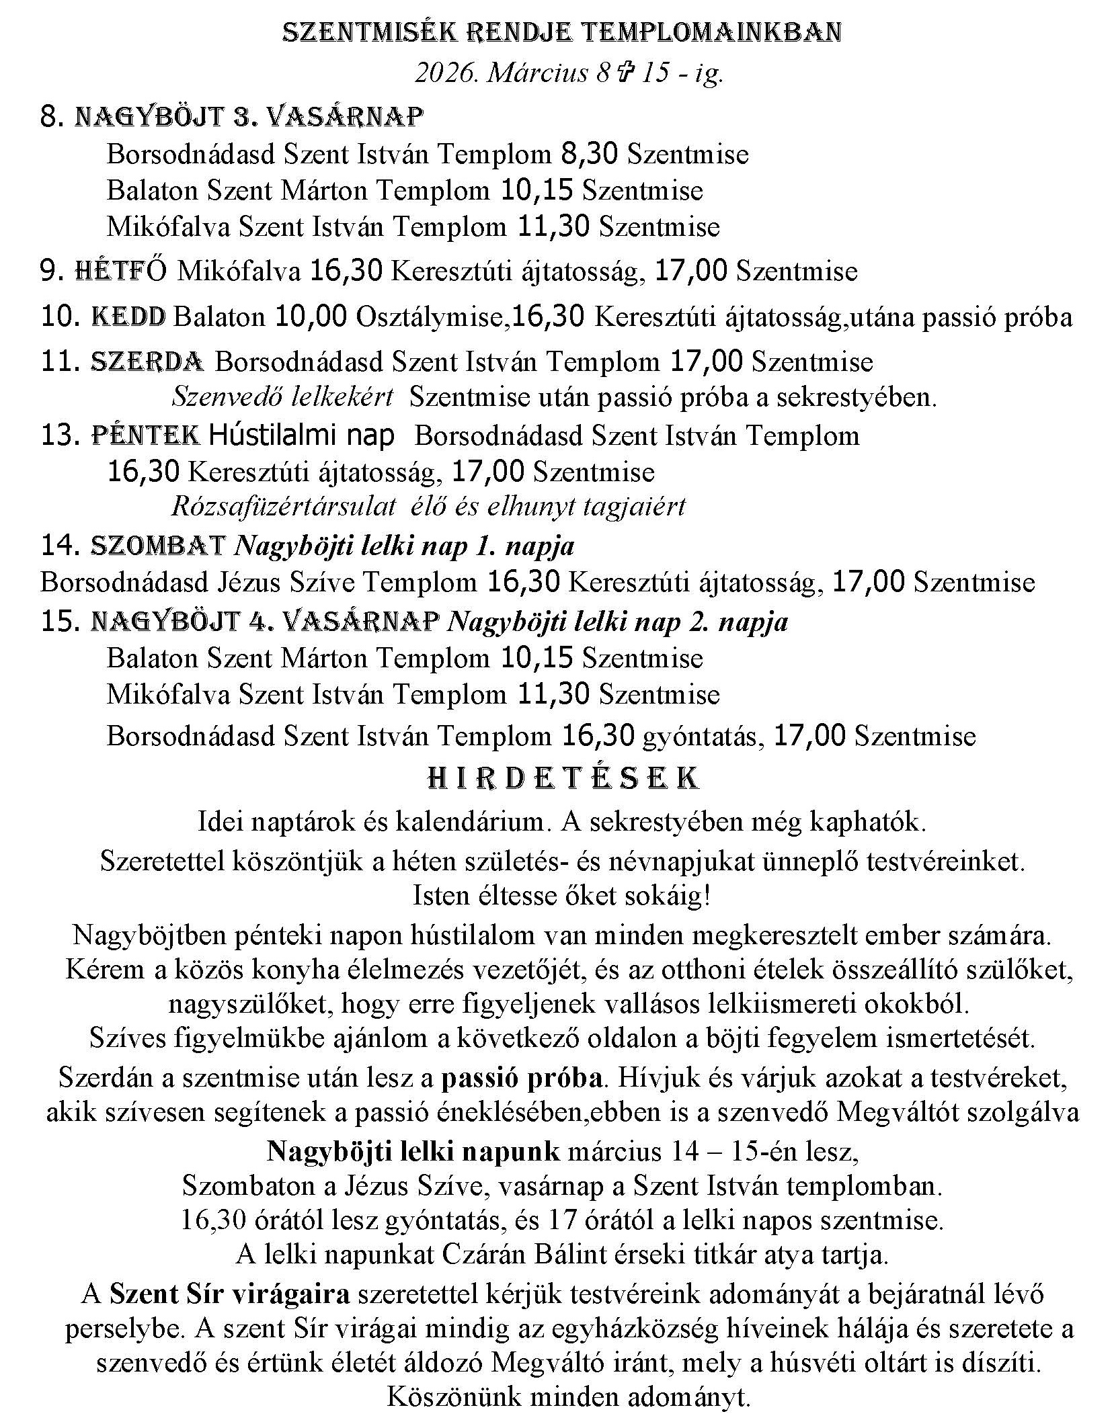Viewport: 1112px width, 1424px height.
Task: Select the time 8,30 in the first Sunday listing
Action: [x=590, y=155]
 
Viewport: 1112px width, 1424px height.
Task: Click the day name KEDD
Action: [x=128, y=317]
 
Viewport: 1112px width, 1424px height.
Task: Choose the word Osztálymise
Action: [x=430, y=317]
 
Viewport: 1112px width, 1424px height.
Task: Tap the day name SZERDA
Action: [x=147, y=362]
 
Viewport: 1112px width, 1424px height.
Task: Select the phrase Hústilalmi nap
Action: [x=302, y=436]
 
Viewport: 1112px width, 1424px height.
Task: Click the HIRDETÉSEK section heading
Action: [x=563, y=778]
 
